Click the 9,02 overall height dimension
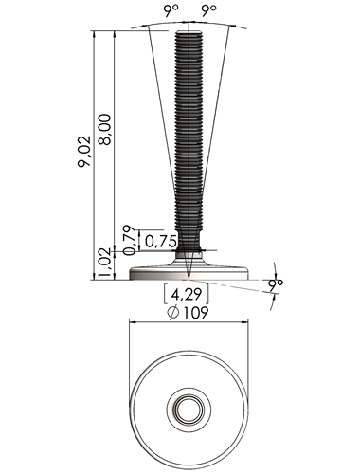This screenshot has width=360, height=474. point(84,152)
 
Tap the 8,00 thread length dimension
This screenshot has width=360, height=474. point(104,129)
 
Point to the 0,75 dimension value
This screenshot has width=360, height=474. point(160,242)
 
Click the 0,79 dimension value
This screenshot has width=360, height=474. point(129,240)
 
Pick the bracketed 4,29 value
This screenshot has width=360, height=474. point(187,295)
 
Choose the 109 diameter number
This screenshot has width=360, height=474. point(196,313)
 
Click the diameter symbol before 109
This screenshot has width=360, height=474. point(173,313)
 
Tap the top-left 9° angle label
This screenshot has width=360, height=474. point(171,11)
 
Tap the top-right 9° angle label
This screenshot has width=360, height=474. point(209,11)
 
